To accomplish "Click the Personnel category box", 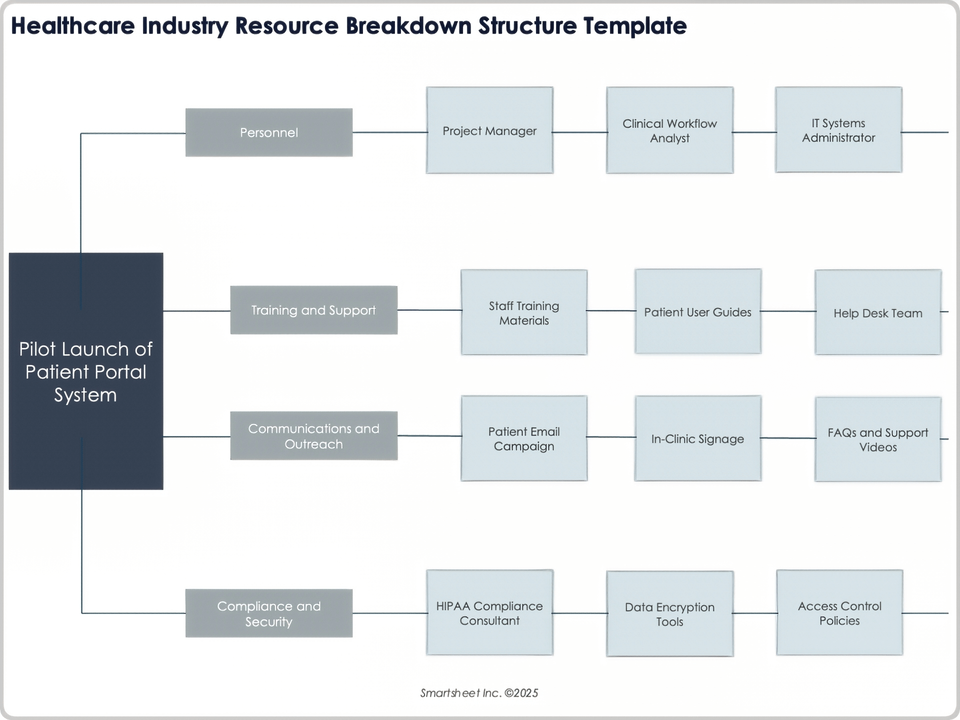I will click(x=268, y=132).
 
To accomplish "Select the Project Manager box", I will click(x=489, y=130).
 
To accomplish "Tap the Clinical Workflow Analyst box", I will click(x=669, y=130).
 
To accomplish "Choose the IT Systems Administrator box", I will click(x=838, y=130).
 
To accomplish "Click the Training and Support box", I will click(x=313, y=310).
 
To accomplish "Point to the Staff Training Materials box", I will click(x=523, y=312).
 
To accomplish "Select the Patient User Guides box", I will click(x=697, y=311).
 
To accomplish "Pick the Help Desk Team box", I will click(x=877, y=312).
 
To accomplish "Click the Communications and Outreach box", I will click(x=313, y=435).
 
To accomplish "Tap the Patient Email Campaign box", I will click(x=523, y=438).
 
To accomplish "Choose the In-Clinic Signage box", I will click(x=697, y=438).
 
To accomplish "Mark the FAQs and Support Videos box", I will click(x=877, y=439).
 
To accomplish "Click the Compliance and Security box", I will click(x=268, y=613).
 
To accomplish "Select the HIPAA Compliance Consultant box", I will click(x=489, y=612).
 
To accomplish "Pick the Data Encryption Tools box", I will click(x=669, y=613).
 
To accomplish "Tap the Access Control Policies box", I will click(x=839, y=612).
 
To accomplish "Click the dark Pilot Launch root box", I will click(x=86, y=371).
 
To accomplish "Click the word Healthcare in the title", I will click(x=73, y=26).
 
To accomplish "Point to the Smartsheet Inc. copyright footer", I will click(x=478, y=693).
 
